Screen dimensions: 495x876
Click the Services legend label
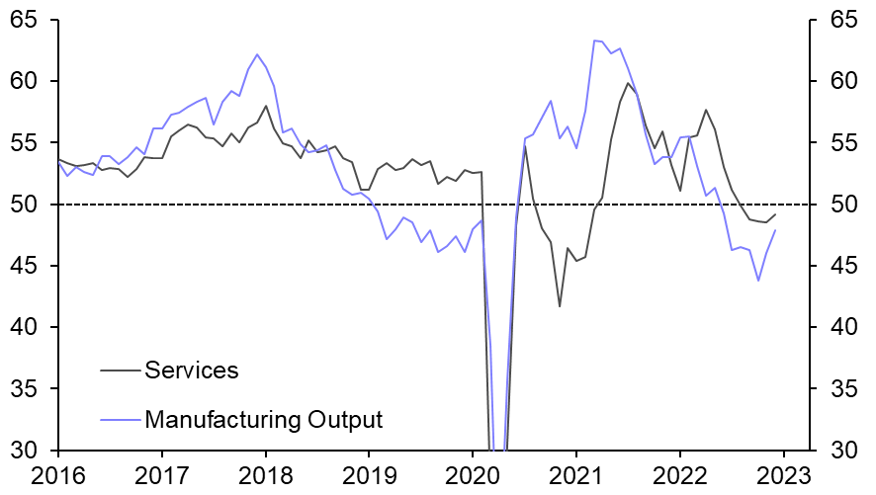coord(192,371)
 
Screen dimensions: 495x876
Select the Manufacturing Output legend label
coord(263,419)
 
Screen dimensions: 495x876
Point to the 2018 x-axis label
coord(265,475)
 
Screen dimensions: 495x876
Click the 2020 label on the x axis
coord(473,475)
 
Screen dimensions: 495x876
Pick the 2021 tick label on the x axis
coord(576,475)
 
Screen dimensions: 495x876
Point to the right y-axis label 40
coord(839,327)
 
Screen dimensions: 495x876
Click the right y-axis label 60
coord(839,81)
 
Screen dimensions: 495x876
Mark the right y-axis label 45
coord(839,266)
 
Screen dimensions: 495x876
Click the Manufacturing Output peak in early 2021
coord(595,41)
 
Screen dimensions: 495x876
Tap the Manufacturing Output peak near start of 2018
coord(257,54)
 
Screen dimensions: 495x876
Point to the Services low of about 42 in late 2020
coord(560,306)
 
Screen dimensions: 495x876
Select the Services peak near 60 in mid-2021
coord(628,83)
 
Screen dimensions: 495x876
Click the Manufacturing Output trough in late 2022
coord(758,281)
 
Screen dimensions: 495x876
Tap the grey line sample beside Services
coord(120,371)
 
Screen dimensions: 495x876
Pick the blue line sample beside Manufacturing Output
coord(120,419)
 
